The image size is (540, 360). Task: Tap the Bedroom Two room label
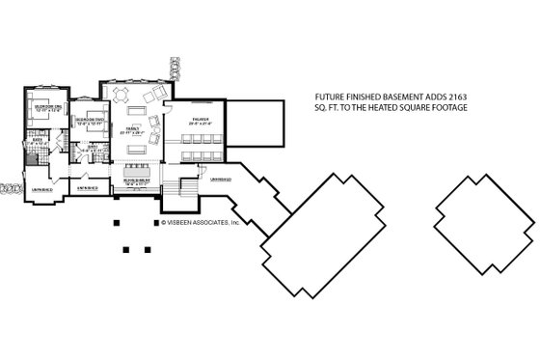pos(87,120)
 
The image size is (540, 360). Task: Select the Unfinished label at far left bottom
pos(41,190)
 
